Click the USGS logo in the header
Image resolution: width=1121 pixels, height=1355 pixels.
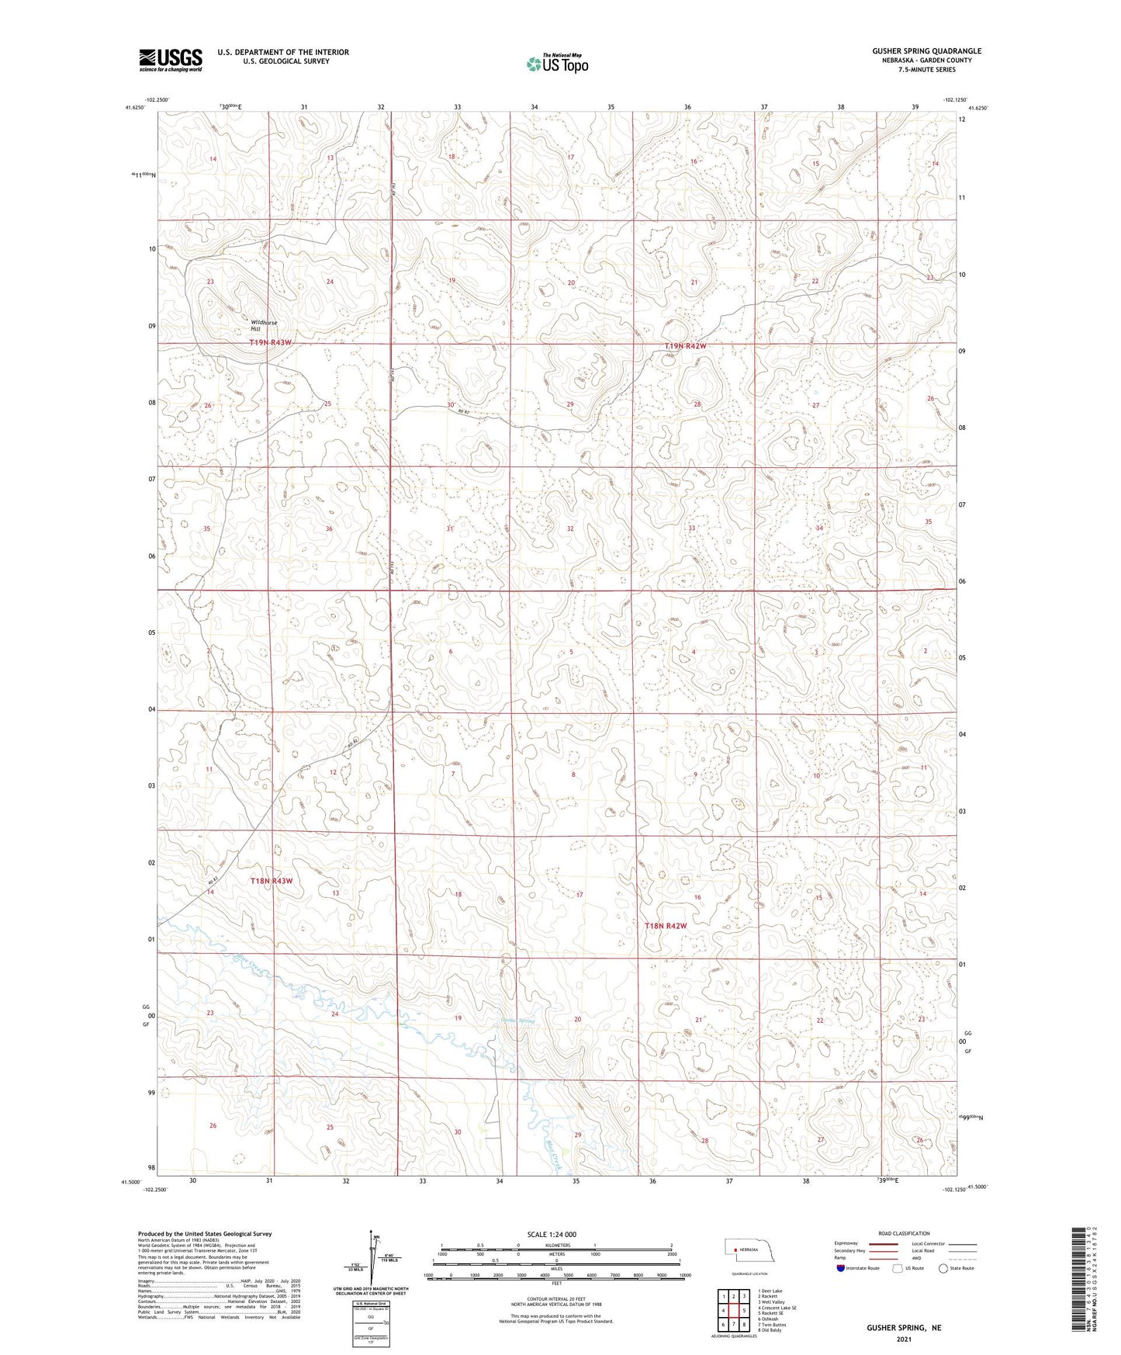(x=171, y=60)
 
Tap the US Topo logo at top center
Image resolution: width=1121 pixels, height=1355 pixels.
(x=556, y=64)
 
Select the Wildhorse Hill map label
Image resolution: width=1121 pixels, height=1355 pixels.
(x=264, y=326)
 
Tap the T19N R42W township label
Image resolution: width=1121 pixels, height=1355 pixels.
(x=686, y=346)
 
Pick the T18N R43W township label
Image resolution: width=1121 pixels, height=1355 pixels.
(x=272, y=882)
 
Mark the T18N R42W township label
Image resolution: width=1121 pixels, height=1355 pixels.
(x=666, y=926)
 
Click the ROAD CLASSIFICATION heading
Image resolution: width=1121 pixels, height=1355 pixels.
(x=905, y=1233)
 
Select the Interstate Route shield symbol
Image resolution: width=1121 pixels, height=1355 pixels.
(x=841, y=1268)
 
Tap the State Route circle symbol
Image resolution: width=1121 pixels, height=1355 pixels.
(x=943, y=1268)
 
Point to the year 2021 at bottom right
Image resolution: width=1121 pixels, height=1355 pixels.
(x=904, y=1339)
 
